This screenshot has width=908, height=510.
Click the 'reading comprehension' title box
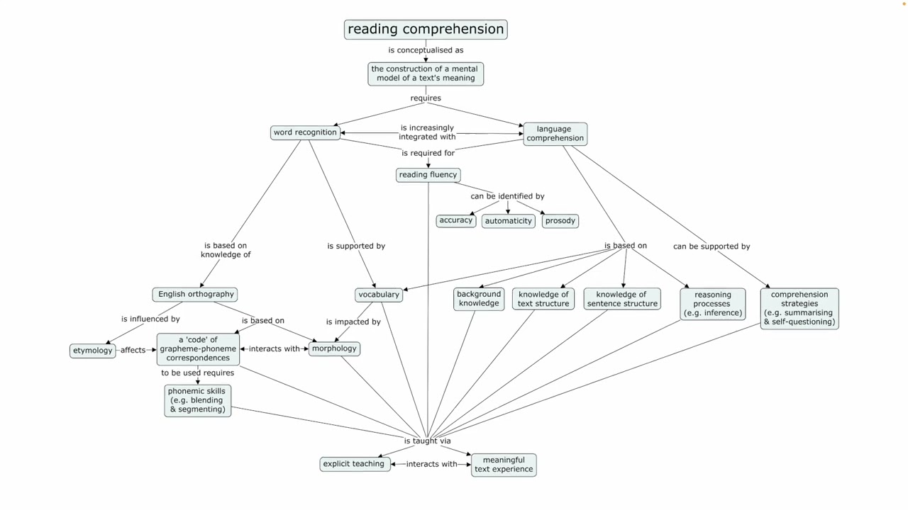pos(426,29)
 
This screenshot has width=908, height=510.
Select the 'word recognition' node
pos(305,132)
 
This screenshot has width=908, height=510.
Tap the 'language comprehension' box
pos(555,134)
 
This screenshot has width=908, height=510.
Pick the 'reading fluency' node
pos(428,175)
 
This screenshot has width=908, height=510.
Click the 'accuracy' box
pos(455,220)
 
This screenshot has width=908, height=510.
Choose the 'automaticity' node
pos(508,221)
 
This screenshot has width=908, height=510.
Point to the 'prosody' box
pos(560,221)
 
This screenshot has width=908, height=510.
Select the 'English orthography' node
pos(195,294)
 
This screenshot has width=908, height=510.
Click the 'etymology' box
pos(92,351)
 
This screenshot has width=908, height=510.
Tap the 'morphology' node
pos(334,348)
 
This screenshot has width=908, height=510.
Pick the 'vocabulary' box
pos(379,295)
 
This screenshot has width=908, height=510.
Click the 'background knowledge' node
pos(479,299)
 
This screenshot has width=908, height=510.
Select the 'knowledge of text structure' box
pos(543,299)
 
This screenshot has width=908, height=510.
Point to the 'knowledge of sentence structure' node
pos(621,299)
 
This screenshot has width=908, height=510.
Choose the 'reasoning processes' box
pos(712,304)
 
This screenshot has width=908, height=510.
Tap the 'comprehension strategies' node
pos(799,308)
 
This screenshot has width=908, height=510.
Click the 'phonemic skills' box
pos(197,400)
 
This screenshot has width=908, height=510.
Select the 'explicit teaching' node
pos(354,464)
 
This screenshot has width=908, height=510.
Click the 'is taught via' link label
pos(427,441)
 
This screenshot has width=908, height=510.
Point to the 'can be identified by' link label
pos(507,196)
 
